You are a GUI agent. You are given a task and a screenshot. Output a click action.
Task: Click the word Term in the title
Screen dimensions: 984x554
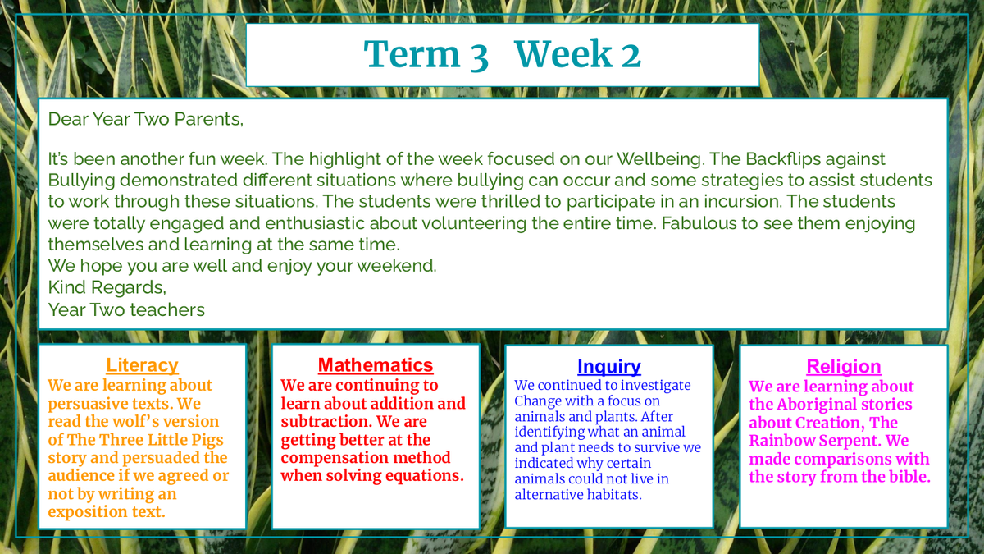pos(412,54)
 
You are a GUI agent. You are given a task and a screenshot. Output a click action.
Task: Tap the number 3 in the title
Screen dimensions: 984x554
pos(479,57)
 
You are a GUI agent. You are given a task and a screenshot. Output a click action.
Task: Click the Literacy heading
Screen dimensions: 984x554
pos(142,365)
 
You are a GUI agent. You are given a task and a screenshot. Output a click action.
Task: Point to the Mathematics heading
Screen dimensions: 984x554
pos(376,365)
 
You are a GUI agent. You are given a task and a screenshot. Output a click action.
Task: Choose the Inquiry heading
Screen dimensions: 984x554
pos(608,367)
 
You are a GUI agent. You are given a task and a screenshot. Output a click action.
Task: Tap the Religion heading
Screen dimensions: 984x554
pos(844,367)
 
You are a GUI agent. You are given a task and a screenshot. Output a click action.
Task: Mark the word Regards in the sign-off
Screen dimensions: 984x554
pos(129,288)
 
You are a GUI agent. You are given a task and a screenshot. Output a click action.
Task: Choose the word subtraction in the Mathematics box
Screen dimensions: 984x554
pos(326,422)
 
